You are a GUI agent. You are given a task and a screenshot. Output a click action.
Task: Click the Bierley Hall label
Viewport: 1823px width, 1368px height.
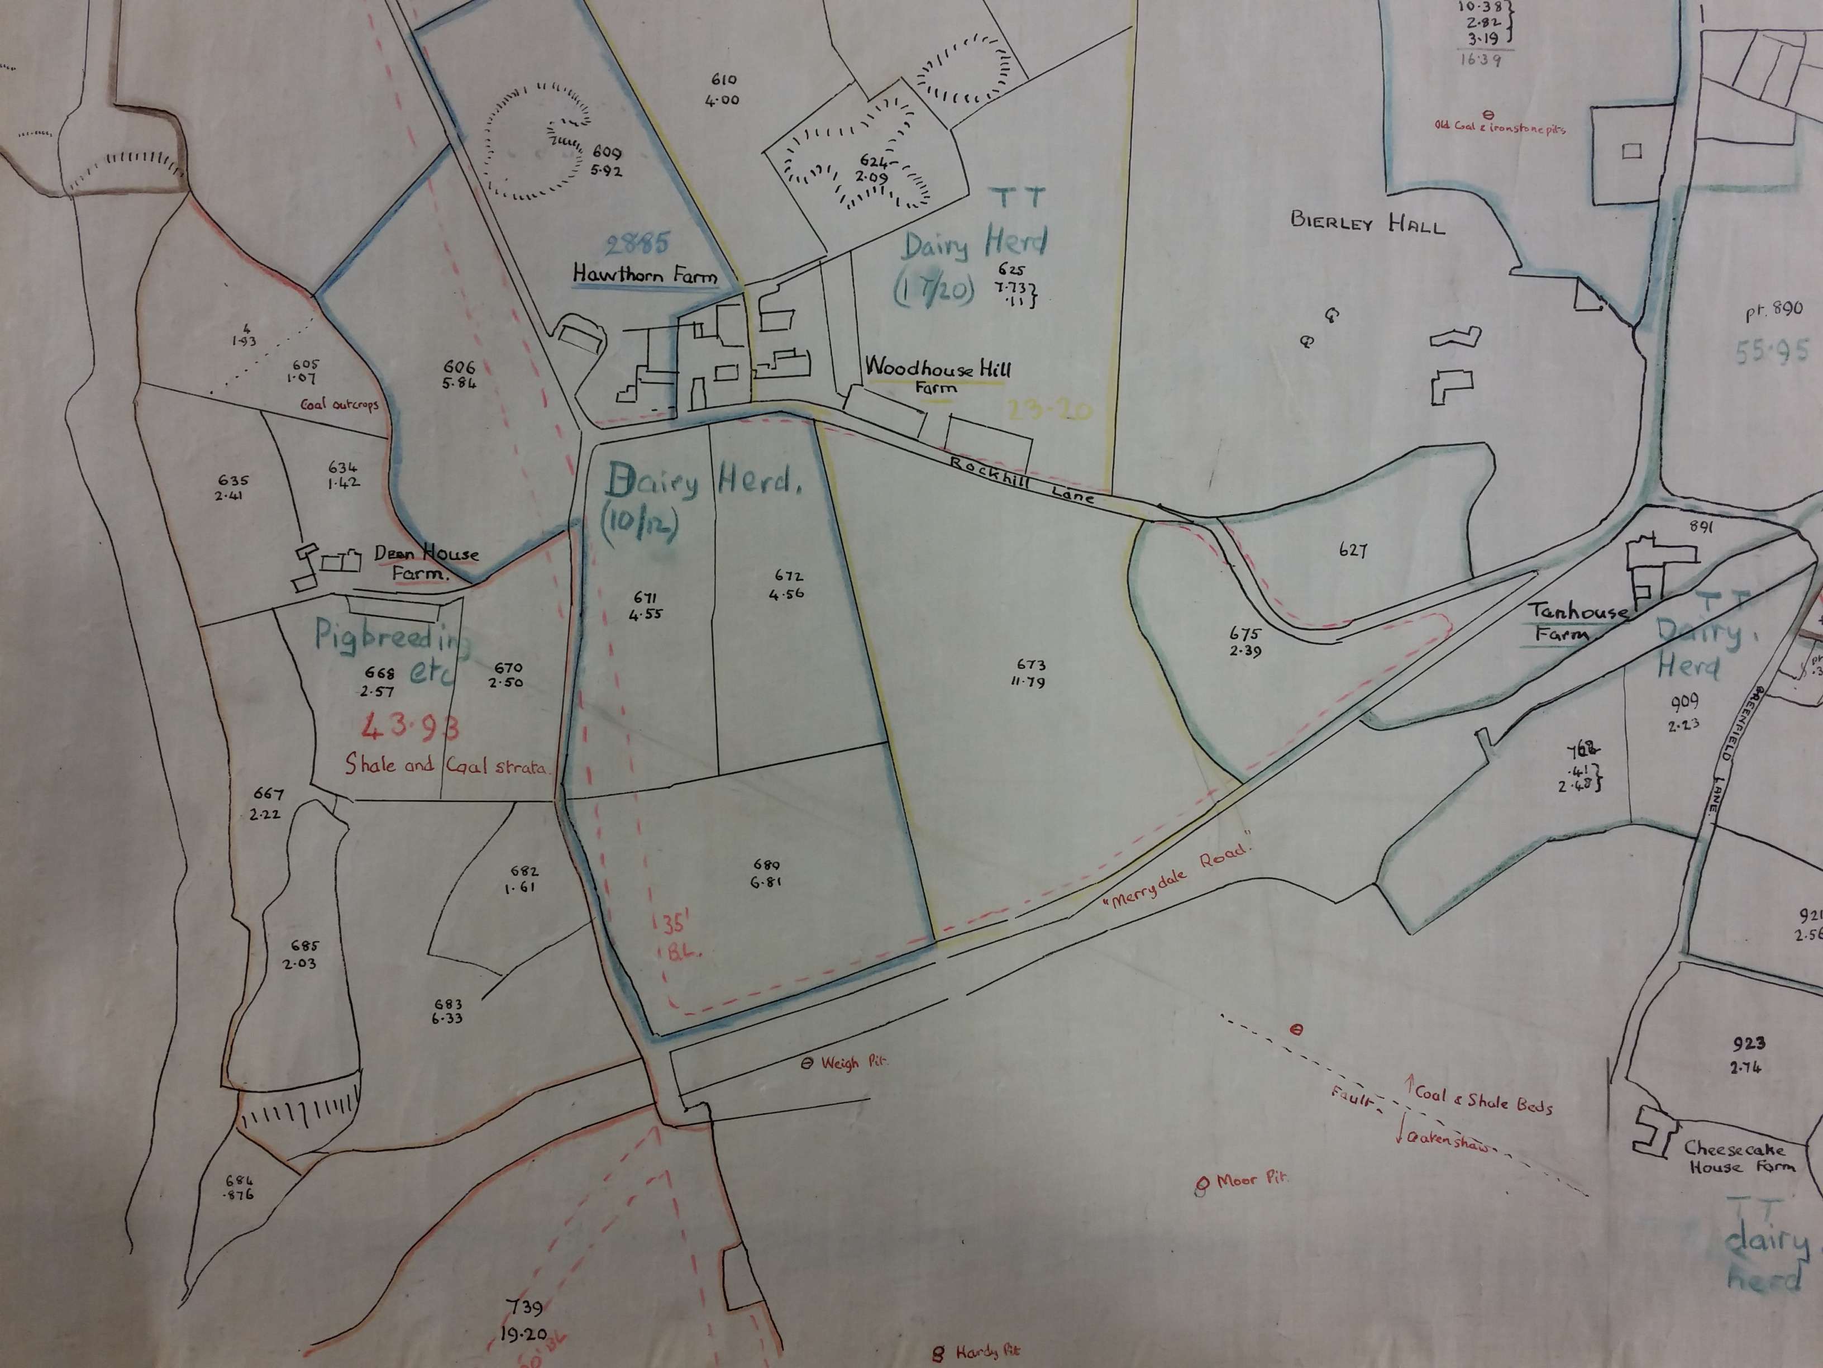click(x=1367, y=222)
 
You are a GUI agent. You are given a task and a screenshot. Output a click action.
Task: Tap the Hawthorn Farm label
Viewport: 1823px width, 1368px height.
click(x=645, y=274)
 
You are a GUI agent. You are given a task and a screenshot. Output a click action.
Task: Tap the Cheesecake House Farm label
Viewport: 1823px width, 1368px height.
click(x=1736, y=1157)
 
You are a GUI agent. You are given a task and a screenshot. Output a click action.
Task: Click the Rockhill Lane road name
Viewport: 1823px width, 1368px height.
click(x=1022, y=479)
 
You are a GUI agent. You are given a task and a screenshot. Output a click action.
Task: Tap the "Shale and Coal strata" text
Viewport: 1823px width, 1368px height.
click(x=445, y=766)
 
